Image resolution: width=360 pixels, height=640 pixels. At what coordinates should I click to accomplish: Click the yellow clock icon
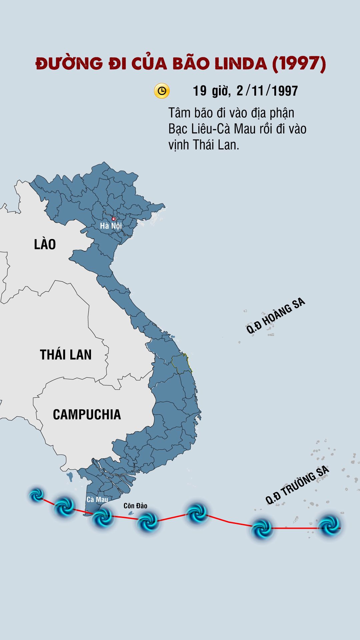pos(162,91)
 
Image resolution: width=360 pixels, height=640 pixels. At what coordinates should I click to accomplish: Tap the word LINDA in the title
pos(241,63)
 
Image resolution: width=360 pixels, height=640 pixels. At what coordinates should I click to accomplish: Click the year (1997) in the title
pos(299,63)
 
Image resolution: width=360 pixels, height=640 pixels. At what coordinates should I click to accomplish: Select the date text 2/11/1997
pos(267,91)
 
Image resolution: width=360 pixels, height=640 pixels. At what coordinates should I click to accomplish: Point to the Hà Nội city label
pos(111,226)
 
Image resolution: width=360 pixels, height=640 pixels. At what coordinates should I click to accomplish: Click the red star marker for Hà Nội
pos(114,219)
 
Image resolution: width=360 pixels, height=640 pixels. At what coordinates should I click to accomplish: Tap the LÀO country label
pos(45,244)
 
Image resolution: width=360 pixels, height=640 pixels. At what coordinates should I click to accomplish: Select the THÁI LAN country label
pos(66,355)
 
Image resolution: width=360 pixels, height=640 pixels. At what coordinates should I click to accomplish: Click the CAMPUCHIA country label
pos(87,415)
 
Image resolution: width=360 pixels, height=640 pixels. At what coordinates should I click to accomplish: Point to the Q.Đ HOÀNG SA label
pos(275,316)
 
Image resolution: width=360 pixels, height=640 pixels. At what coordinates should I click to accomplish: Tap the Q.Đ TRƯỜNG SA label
pos(297,485)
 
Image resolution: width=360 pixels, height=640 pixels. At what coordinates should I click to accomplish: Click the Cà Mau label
pos(97,499)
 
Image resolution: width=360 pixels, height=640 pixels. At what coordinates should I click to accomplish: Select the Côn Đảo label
pos(135,506)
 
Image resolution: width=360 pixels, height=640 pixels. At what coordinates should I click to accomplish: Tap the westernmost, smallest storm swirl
pos(37,495)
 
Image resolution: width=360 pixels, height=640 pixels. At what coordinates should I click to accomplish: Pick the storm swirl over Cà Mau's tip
pos(102,518)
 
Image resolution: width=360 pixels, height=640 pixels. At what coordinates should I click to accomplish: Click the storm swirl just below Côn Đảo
pos(147,522)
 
